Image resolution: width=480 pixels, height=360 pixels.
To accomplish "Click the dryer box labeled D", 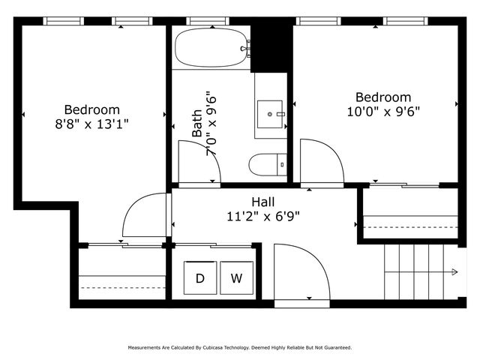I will (x=200, y=279).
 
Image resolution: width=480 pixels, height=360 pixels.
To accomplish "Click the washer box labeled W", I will (x=236, y=279).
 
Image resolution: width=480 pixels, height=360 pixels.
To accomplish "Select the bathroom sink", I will (x=271, y=114).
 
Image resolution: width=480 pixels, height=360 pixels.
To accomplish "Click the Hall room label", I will (x=262, y=202).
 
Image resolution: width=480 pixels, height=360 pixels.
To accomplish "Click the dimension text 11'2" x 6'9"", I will (x=263, y=217).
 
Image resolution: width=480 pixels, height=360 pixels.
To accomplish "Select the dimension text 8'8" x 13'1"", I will (x=91, y=124).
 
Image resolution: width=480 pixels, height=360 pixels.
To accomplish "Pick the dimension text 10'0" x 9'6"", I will (x=383, y=112).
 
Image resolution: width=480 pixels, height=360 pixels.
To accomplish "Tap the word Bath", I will (x=196, y=124).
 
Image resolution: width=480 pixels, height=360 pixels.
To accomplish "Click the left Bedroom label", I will (x=91, y=109).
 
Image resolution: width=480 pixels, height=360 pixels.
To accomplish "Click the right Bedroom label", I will (x=383, y=97).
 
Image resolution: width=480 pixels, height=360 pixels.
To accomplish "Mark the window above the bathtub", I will (x=208, y=21).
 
